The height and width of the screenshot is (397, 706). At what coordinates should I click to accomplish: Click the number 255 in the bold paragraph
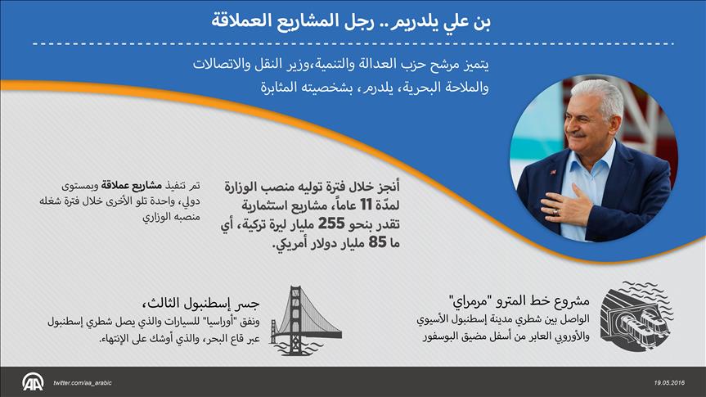[331, 223]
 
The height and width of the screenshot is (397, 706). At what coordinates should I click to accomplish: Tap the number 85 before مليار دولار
[377, 242]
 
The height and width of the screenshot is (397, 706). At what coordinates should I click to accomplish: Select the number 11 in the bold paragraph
[365, 205]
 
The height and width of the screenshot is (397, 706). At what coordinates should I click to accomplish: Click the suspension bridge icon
[306, 320]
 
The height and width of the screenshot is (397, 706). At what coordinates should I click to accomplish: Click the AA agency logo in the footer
[33, 382]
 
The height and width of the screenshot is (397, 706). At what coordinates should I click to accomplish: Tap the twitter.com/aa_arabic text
[83, 383]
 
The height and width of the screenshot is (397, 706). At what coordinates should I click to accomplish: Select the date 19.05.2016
[669, 383]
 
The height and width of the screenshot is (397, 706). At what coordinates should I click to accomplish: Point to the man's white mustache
[578, 134]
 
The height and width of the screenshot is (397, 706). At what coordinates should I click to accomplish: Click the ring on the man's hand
[556, 211]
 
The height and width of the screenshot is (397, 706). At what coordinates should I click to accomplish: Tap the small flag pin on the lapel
[552, 172]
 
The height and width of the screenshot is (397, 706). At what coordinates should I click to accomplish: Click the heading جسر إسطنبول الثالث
[200, 303]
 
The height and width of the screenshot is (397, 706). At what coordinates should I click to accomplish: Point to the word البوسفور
[442, 336]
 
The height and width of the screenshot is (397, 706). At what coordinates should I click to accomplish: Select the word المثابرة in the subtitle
[280, 87]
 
